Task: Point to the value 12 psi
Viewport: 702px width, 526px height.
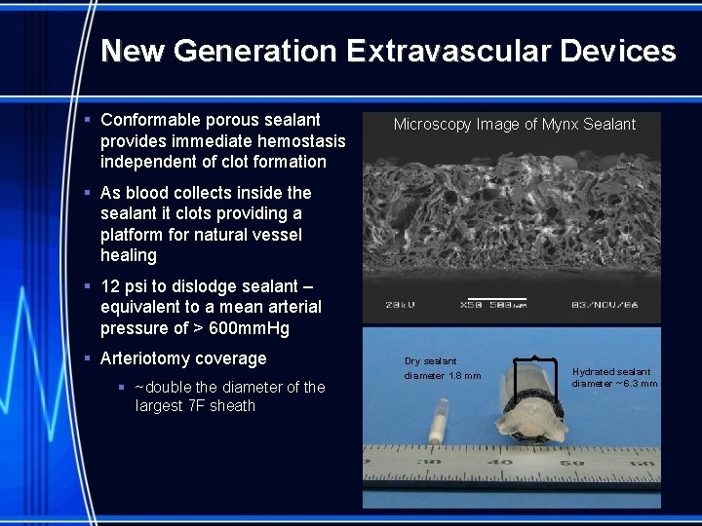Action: [126, 286]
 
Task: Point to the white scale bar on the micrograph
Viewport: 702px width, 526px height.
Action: [497, 299]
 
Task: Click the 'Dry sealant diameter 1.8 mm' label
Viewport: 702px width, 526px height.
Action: [442, 368]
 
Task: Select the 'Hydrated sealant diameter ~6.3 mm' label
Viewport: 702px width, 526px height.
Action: [614, 377]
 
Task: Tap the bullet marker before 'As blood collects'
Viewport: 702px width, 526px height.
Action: [87, 193]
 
